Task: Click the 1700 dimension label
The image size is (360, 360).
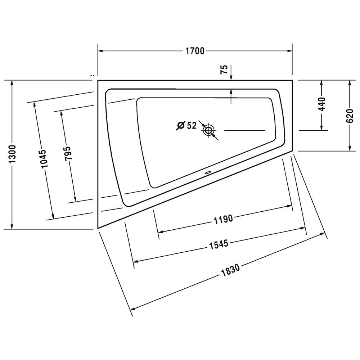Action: click(195, 51)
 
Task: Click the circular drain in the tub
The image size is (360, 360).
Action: click(208, 130)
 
